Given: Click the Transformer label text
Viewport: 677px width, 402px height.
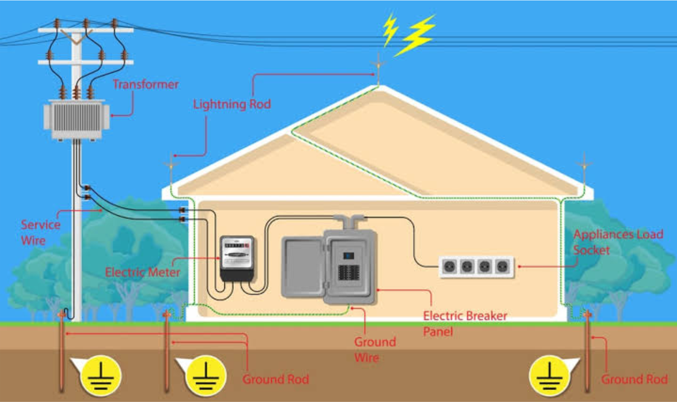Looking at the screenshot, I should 146,85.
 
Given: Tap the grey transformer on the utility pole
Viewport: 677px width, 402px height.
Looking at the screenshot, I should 76,118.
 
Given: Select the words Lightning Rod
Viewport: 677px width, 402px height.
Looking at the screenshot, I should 232,104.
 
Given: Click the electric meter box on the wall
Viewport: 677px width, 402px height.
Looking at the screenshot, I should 236,258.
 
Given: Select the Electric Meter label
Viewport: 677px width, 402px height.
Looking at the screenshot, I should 142,272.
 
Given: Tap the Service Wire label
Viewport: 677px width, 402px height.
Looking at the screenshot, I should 40,232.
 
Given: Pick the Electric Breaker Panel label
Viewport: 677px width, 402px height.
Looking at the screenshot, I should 465,324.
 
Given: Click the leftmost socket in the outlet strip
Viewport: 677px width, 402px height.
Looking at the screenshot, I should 450,266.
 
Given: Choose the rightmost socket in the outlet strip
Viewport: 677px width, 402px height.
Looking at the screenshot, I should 502,266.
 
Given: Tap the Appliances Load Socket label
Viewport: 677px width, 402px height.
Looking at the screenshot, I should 618,242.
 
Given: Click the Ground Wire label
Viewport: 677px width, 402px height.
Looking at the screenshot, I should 375,350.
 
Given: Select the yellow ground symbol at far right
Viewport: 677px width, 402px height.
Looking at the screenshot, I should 550,375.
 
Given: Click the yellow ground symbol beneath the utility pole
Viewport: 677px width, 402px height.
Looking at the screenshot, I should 101,375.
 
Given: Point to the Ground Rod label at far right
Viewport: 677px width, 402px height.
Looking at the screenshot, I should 634,379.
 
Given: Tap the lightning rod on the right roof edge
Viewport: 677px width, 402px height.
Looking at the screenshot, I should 584,166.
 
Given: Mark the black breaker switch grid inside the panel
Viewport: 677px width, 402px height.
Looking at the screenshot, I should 348,273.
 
